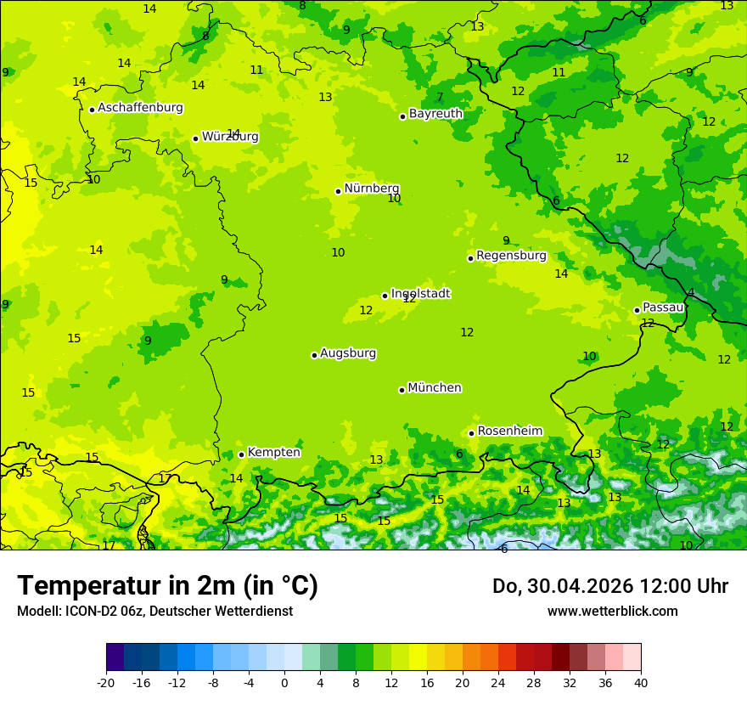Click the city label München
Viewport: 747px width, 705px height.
coord(434,388)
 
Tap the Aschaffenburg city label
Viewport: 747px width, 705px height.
coord(140,108)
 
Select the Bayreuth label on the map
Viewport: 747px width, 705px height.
coord(435,114)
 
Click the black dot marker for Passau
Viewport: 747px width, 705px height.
coord(637,310)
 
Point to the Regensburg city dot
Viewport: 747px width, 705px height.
coord(470,258)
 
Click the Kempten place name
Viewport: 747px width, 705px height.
coord(273,453)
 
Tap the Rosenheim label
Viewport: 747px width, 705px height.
coord(509,431)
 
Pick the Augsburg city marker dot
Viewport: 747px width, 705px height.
coord(314,355)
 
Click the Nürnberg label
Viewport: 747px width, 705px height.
coord(371,189)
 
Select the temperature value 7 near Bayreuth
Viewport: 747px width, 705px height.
coord(440,98)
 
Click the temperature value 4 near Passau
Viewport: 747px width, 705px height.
coord(691,293)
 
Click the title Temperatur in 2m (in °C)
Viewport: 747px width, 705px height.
coord(167,586)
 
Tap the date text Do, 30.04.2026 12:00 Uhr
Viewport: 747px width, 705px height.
coord(610,586)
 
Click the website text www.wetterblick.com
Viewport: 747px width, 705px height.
coord(612,611)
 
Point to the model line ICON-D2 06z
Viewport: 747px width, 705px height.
coord(154,611)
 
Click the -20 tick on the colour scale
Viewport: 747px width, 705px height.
coord(106,682)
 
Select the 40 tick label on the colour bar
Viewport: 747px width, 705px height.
coord(641,682)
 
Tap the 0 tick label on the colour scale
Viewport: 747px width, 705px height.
coord(284,682)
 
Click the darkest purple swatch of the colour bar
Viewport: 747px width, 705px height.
coord(115,657)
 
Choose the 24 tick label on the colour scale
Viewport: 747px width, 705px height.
coord(498,682)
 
